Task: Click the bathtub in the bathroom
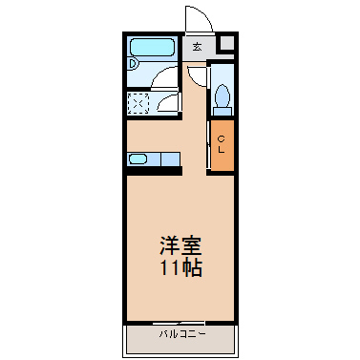153,48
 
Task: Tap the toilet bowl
222,95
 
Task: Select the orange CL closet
222,145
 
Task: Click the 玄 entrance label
197,47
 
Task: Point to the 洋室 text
180,245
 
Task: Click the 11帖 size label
180,268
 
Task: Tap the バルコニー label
182,334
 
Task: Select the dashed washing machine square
138,103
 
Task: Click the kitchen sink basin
138,159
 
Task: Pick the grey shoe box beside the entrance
227,43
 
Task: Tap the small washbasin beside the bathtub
134,63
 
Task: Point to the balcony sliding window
179,324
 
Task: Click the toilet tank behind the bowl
222,111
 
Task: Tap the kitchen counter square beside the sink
170,159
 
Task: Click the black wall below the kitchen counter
155,171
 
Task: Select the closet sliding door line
208,144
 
